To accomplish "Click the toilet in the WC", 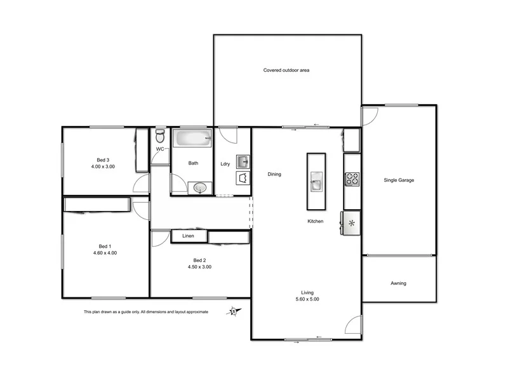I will tap(160, 137).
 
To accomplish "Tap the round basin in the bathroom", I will tap(200, 187).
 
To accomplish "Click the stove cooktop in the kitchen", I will tap(352, 179).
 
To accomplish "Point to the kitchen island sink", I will tap(316, 184).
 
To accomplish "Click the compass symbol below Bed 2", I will tap(235, 311).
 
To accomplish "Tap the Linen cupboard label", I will tap(188, 236).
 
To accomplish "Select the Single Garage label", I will tap(399, 181).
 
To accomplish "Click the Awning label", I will tap(398, 283).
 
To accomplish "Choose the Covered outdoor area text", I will tap(286, 70).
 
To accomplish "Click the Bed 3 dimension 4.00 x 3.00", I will tap(103, 167).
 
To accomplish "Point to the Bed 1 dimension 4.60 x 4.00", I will tap(105, 253).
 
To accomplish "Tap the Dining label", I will tap(274, 174).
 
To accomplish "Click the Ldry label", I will tap(225, 164).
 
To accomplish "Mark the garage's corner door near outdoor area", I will tap(370, 116).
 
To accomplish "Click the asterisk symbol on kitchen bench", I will tap(352, 222).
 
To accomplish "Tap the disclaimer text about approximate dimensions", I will tap(145, 312).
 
